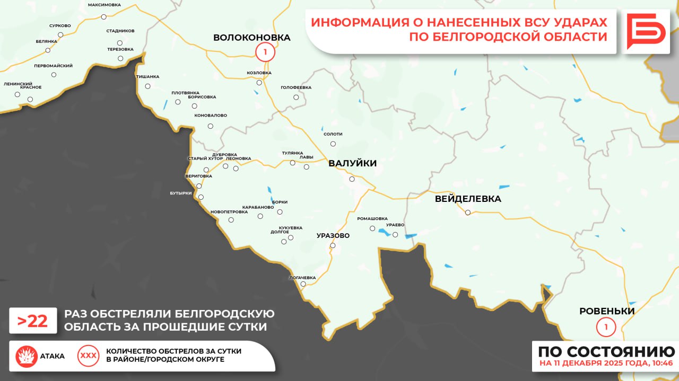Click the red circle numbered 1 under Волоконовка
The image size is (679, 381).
265,52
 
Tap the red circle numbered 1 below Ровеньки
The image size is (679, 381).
606,326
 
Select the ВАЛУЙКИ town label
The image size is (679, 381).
352,163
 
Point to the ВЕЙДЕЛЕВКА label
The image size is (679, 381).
467,199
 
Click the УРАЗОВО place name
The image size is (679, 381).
333,235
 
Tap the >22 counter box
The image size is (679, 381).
33,321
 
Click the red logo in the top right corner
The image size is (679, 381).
646,31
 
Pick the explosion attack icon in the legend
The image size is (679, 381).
26,356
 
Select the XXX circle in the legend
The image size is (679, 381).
88,356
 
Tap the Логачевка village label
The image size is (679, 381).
302,278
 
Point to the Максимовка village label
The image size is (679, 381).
104,5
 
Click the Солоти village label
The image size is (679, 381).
333,135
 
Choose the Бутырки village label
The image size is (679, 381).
181,193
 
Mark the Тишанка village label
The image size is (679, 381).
147,77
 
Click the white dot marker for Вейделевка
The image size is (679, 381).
468,212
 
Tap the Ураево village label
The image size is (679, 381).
395,225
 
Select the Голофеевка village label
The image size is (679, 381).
296,87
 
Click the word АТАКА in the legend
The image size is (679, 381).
53,356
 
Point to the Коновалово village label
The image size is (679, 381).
211,116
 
